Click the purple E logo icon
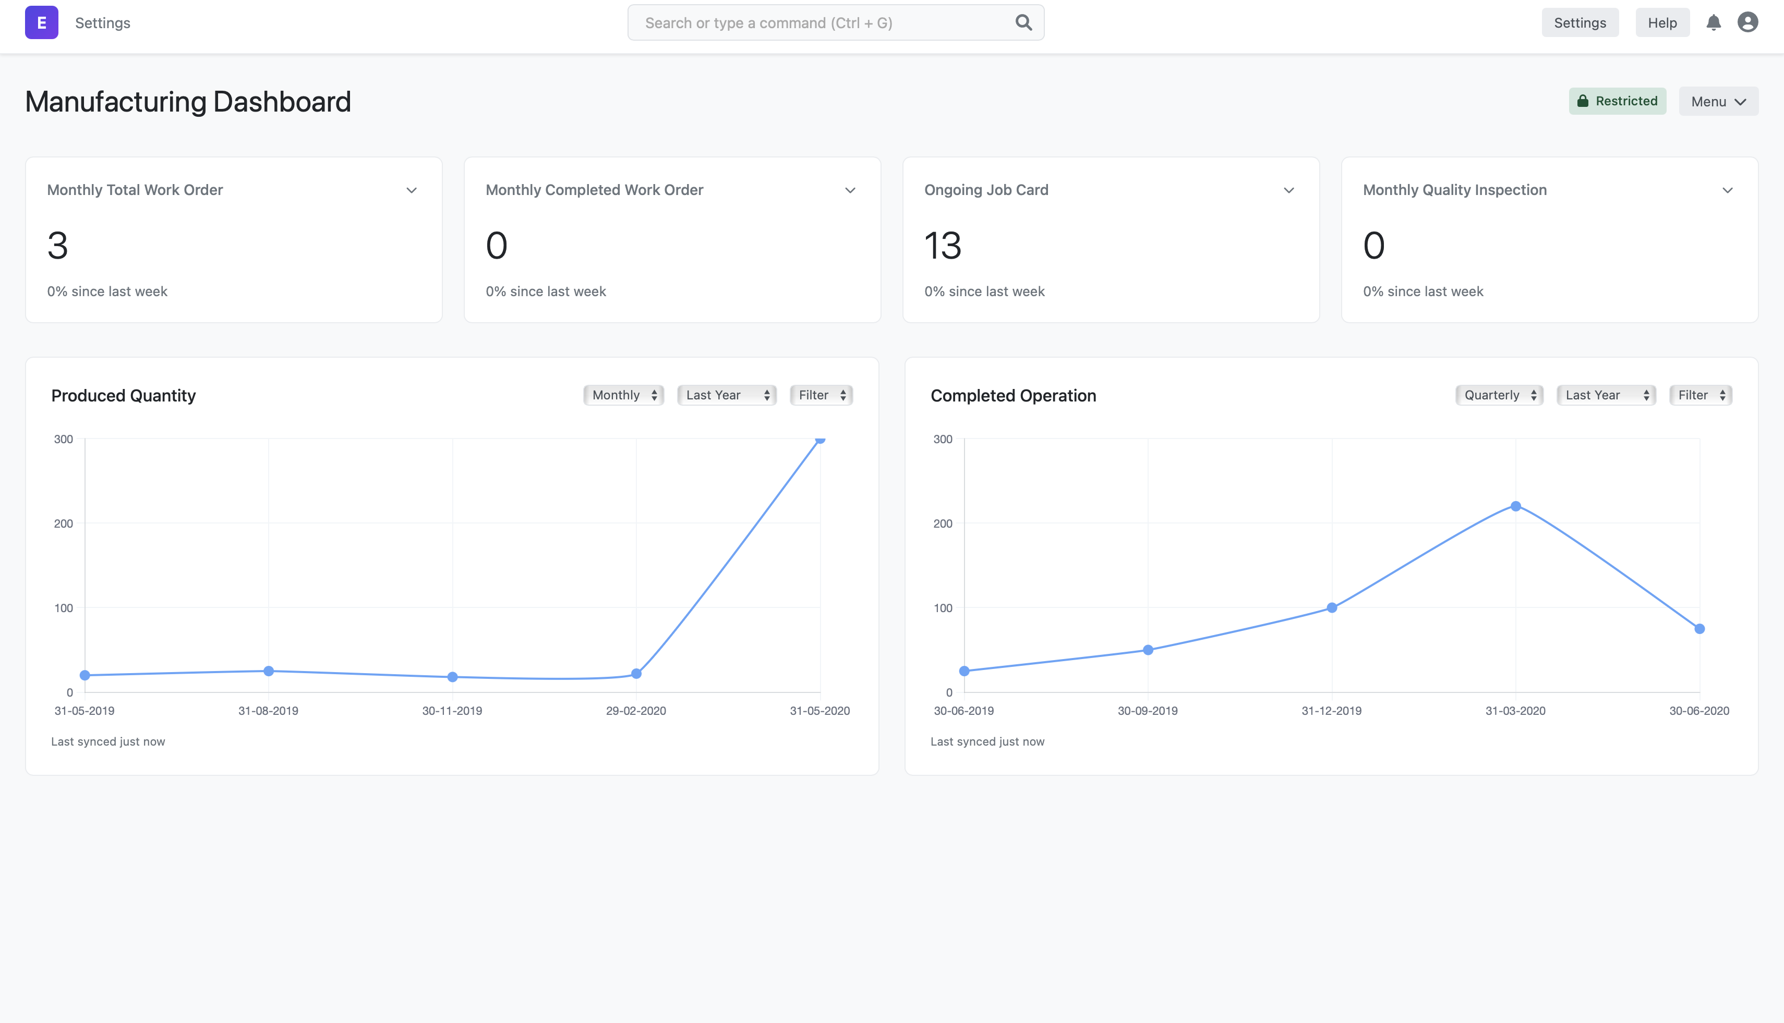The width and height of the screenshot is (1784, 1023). click(42, 22)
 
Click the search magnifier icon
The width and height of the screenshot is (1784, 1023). click(1023, 22)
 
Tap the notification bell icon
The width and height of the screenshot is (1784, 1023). click(1713, 22)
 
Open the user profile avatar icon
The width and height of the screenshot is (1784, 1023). click(1747, 22)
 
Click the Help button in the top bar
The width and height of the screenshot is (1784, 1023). click(1662, 22)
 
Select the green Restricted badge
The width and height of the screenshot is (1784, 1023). click(1617, 101)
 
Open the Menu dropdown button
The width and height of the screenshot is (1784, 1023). click(1718, 101)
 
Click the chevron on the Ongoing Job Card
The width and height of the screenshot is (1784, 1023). click(1288, 190)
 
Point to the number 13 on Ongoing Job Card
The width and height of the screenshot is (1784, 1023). click(943, 245)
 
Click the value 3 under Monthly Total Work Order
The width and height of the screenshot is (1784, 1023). click(57, 245)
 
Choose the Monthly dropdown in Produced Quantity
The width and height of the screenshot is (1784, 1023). click(623, 395)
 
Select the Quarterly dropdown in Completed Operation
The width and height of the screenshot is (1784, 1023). click(1499, 395)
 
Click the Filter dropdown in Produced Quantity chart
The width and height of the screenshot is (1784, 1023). click(821, 395)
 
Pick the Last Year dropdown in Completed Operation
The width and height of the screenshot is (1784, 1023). click(1606, 395)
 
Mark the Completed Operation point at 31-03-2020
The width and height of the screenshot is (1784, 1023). click(1515, 506)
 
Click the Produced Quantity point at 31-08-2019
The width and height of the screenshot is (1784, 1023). click(269, 671)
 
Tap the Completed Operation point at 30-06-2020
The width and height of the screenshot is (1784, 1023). click(1699, 629)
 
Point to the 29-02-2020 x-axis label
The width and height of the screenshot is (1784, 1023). click(635, 710)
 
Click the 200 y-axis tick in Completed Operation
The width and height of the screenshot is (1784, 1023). click(943, 523)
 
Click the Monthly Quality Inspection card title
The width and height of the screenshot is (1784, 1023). click(1454, 190)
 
